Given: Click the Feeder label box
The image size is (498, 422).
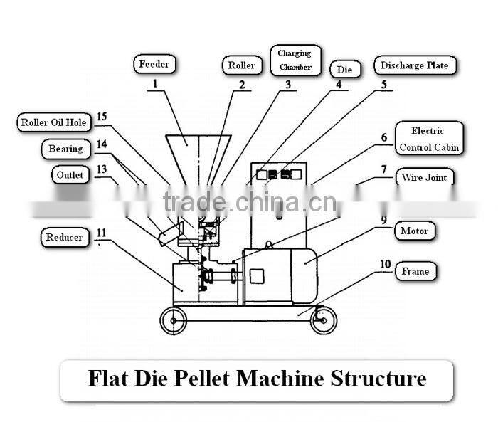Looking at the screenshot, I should point(154,65).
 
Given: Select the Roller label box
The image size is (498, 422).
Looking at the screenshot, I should point(241,65).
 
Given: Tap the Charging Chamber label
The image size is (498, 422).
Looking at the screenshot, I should point(295,60).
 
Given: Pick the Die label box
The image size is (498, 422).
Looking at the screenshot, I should point(345,69).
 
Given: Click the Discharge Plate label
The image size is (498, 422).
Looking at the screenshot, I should point(414,65).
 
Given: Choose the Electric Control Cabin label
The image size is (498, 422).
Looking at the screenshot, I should point(428,139).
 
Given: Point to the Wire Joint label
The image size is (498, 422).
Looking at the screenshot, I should point(425,177).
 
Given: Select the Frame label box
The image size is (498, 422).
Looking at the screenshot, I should point(415,271).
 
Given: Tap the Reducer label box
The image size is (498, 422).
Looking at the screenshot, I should point(65,237).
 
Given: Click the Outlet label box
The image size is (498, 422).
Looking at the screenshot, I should point(69,174).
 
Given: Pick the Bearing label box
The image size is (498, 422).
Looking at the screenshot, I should point(65,149).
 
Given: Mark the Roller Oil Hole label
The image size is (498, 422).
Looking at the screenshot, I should point(53,122).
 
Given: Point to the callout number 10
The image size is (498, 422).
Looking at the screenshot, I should point(384,264).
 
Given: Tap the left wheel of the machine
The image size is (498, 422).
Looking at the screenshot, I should point(172,321).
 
